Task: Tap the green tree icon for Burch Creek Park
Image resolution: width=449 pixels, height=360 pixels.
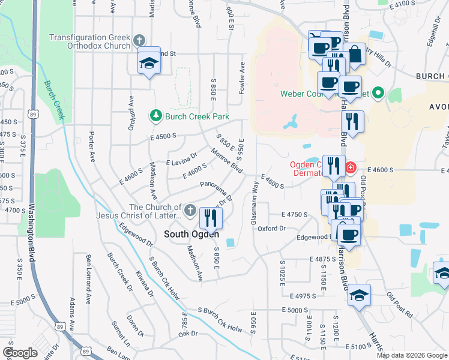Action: (156, 114)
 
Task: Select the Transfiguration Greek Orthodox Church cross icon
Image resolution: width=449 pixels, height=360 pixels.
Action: (139, 41)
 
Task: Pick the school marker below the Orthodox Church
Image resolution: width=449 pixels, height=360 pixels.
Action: (148, 62)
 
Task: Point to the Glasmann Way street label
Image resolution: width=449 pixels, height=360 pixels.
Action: (255, 205)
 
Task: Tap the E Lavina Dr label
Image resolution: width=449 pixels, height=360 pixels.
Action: (181, 158)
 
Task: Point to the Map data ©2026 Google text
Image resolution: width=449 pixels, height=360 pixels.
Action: (412, 355)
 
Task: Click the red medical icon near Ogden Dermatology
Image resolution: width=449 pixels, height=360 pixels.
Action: (350, 167)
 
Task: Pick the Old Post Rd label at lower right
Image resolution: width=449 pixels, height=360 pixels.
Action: (400, 305)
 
